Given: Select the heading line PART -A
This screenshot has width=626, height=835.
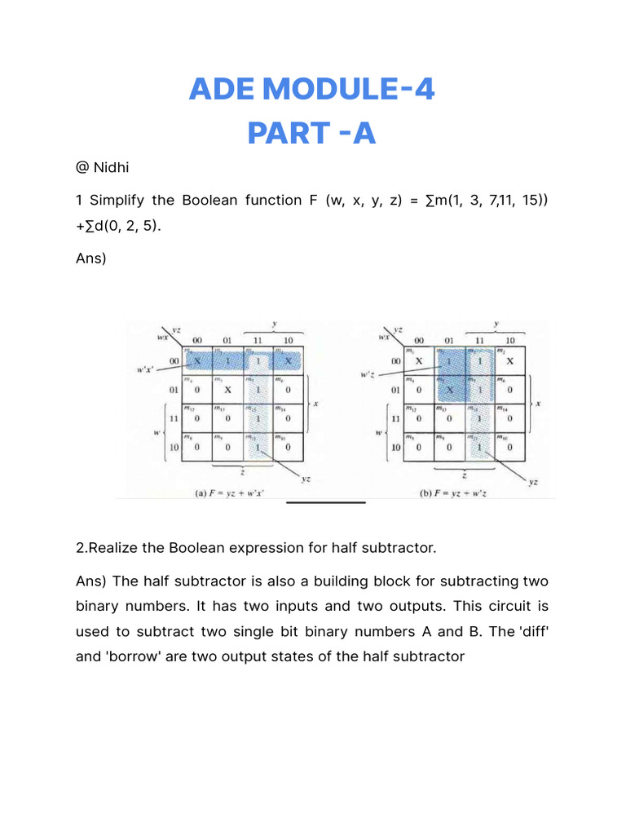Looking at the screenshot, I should pos(312,133).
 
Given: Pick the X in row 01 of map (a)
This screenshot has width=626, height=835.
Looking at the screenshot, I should pos(228,390).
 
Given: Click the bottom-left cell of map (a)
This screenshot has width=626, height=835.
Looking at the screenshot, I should pos(196,447).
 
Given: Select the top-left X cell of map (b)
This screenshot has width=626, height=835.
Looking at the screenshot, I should pos(419,360).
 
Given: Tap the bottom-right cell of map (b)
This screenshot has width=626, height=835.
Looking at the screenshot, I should pos(510,447).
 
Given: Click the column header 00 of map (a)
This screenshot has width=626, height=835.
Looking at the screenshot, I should pos(196,340).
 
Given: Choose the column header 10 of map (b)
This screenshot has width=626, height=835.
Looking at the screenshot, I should pos(510,340).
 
